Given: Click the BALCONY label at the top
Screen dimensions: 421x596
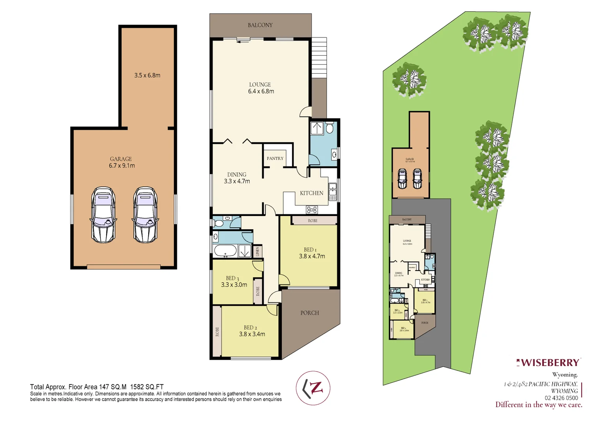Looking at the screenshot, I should pyautogui.click(x=260, y=25).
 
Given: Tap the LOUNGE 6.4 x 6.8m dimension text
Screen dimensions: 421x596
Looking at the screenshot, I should pyautogui.click(x=261, y=91).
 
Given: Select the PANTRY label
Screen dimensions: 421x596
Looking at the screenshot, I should pyautogui.click(x=275, y=158).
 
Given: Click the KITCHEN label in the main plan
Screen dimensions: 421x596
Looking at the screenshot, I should pyautogui.click(x=311, y=193).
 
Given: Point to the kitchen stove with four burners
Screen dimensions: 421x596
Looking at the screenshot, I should pyautogui.click(x=312, y=210).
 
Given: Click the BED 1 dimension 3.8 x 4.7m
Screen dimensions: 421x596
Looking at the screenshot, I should pyautogui.click(x=312, y=256).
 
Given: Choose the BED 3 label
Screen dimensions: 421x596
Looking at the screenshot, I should pyautogui.click(x=232, y=278).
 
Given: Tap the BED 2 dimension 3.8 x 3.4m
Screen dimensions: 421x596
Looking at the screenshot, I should pyautogui.click(x=252, y=334).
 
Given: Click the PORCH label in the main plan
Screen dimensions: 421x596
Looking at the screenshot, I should pyautogui.click(x=310, y=313).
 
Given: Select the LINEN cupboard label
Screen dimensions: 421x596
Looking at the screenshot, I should pyautogui.click(x=257, y=251).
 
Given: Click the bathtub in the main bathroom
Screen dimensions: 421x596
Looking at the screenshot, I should pyautogui.click(x=225, y=251).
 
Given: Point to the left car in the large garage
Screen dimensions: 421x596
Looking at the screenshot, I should pyautogui.click(x=103, y=215).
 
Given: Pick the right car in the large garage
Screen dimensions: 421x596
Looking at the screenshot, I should pyautogui.click(x=145, y=215).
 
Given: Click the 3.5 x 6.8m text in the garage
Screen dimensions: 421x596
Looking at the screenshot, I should pyautogui.click(x=147, y=75).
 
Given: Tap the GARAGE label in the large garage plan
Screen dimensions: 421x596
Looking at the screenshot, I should pyautogui.click(x=121, y=159).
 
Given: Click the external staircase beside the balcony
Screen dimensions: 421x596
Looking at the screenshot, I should pyautogui.click(x=319, y=57).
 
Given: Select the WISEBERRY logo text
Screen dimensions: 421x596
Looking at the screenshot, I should pyautogui.click(x=550, y=363).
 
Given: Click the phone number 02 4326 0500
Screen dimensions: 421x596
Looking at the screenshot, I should pyautogui.click(x=561, y=398).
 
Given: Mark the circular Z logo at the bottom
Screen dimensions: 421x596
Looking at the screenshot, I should pyautogui.click(x=313, y=388).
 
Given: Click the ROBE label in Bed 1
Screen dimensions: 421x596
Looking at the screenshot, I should pyautogui.click(x=312, y=221).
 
